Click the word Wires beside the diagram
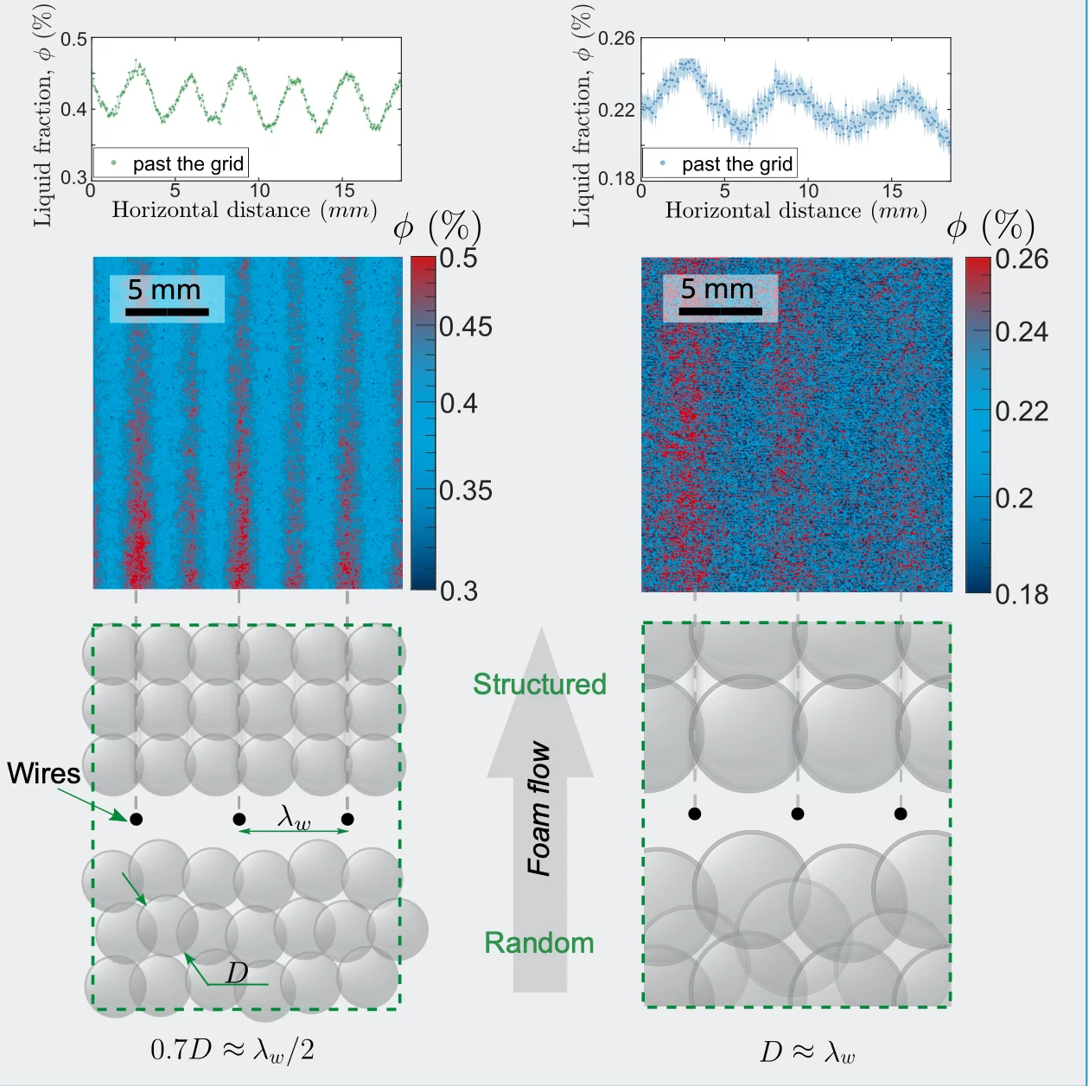(x=43, y=773)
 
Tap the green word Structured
(x=539, y=684)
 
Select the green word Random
(x=539, y=942)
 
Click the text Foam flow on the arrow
(x=539, y=808)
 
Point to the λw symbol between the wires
(x=294, y=816)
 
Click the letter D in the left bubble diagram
(x=237, y=973)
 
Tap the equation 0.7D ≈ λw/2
(x=232, y=1050)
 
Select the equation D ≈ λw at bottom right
(x=807, y=1052)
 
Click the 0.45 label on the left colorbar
(x=465, y=327)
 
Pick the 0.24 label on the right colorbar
(x=1021, y=332)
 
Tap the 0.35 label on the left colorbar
(x=465, y=491)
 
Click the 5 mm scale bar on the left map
(x=167, y=299)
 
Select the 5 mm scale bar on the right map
(x=719, y=298)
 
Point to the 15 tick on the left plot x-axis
(x=344, y=191)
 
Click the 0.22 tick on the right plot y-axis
(x=616, y=110)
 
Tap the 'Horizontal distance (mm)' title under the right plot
(x=795, y=210)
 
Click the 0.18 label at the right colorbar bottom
(x=1021, y=594)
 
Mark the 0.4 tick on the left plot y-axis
(x=73, y=109)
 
